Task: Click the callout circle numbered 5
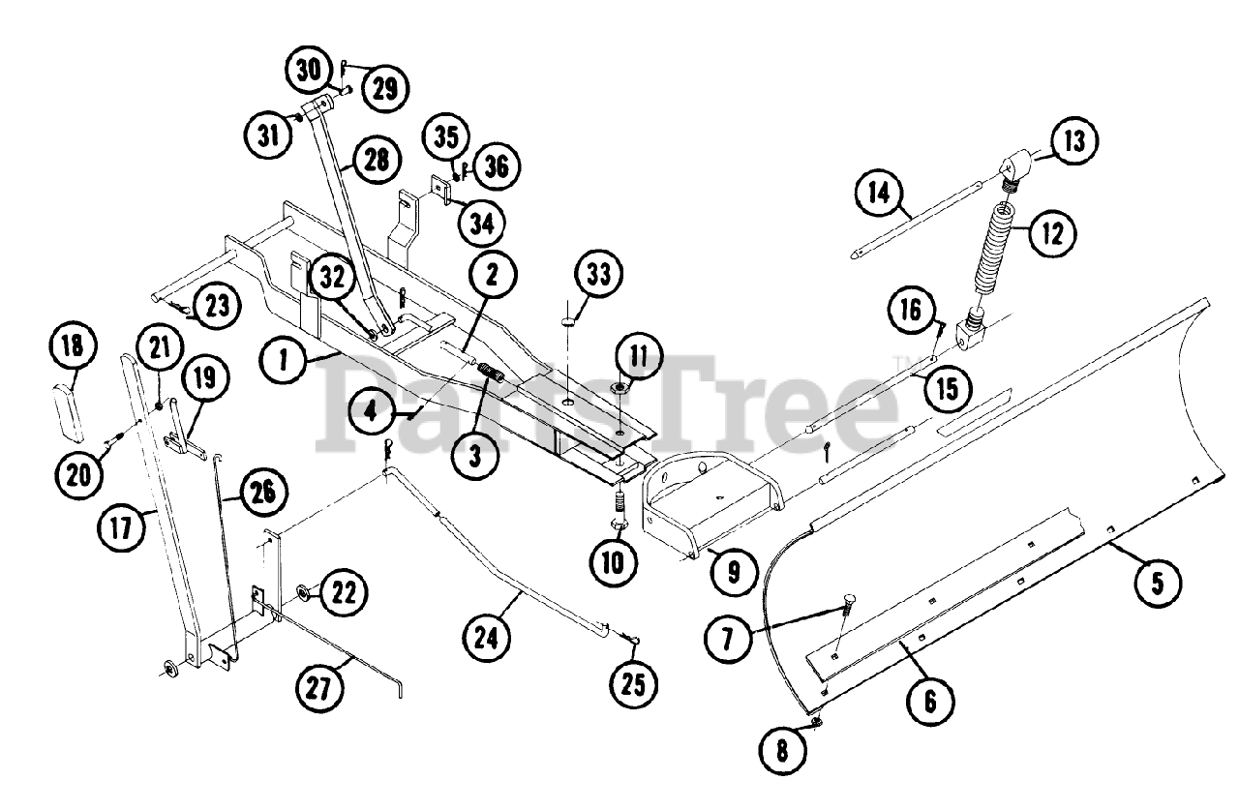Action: (x=1157, y=585)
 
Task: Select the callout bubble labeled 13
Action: (x=1074, y=143)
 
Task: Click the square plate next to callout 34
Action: (x=440, y=189)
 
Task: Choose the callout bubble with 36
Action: (x=499, y=166)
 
